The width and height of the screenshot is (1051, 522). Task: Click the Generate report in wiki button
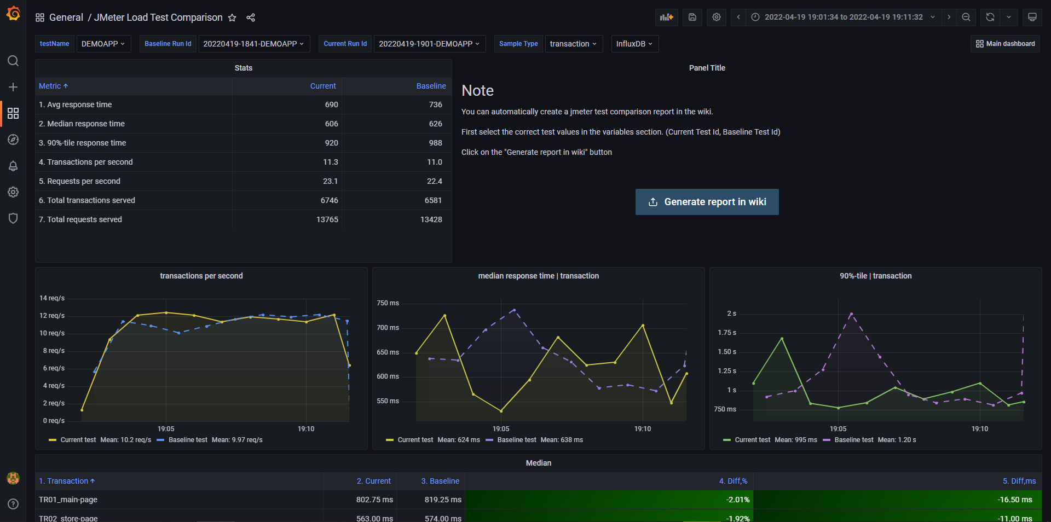[x=707, y=202]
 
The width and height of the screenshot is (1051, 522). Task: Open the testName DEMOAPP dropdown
[x=103, y=44]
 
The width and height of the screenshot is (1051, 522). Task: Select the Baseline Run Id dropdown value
[x=253, y=44]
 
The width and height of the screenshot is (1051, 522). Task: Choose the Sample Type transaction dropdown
[x=573, y=44]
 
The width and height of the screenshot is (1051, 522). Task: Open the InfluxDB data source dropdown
[x=634, y=44]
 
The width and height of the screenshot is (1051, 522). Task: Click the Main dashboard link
[x=1006, y=44]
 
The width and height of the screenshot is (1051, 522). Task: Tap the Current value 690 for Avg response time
[x=331, y=105]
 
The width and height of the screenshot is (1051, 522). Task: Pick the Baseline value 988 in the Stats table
[x=435, y=143]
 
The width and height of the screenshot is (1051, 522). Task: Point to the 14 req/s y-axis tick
[x=52, y=298]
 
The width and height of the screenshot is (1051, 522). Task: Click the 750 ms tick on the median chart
[x=388, y=303]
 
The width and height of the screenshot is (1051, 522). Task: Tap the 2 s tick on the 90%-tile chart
[x=731, y=314]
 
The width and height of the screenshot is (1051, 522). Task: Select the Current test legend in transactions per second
[x=78, y=440]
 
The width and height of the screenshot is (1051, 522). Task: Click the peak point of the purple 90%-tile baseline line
[x=851, y=314]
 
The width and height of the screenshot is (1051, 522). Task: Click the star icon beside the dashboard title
[x=232, y=18]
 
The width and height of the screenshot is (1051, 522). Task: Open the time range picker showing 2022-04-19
[x=843, y=17]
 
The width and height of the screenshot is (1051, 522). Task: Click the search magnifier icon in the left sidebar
[x=13, y=61]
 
